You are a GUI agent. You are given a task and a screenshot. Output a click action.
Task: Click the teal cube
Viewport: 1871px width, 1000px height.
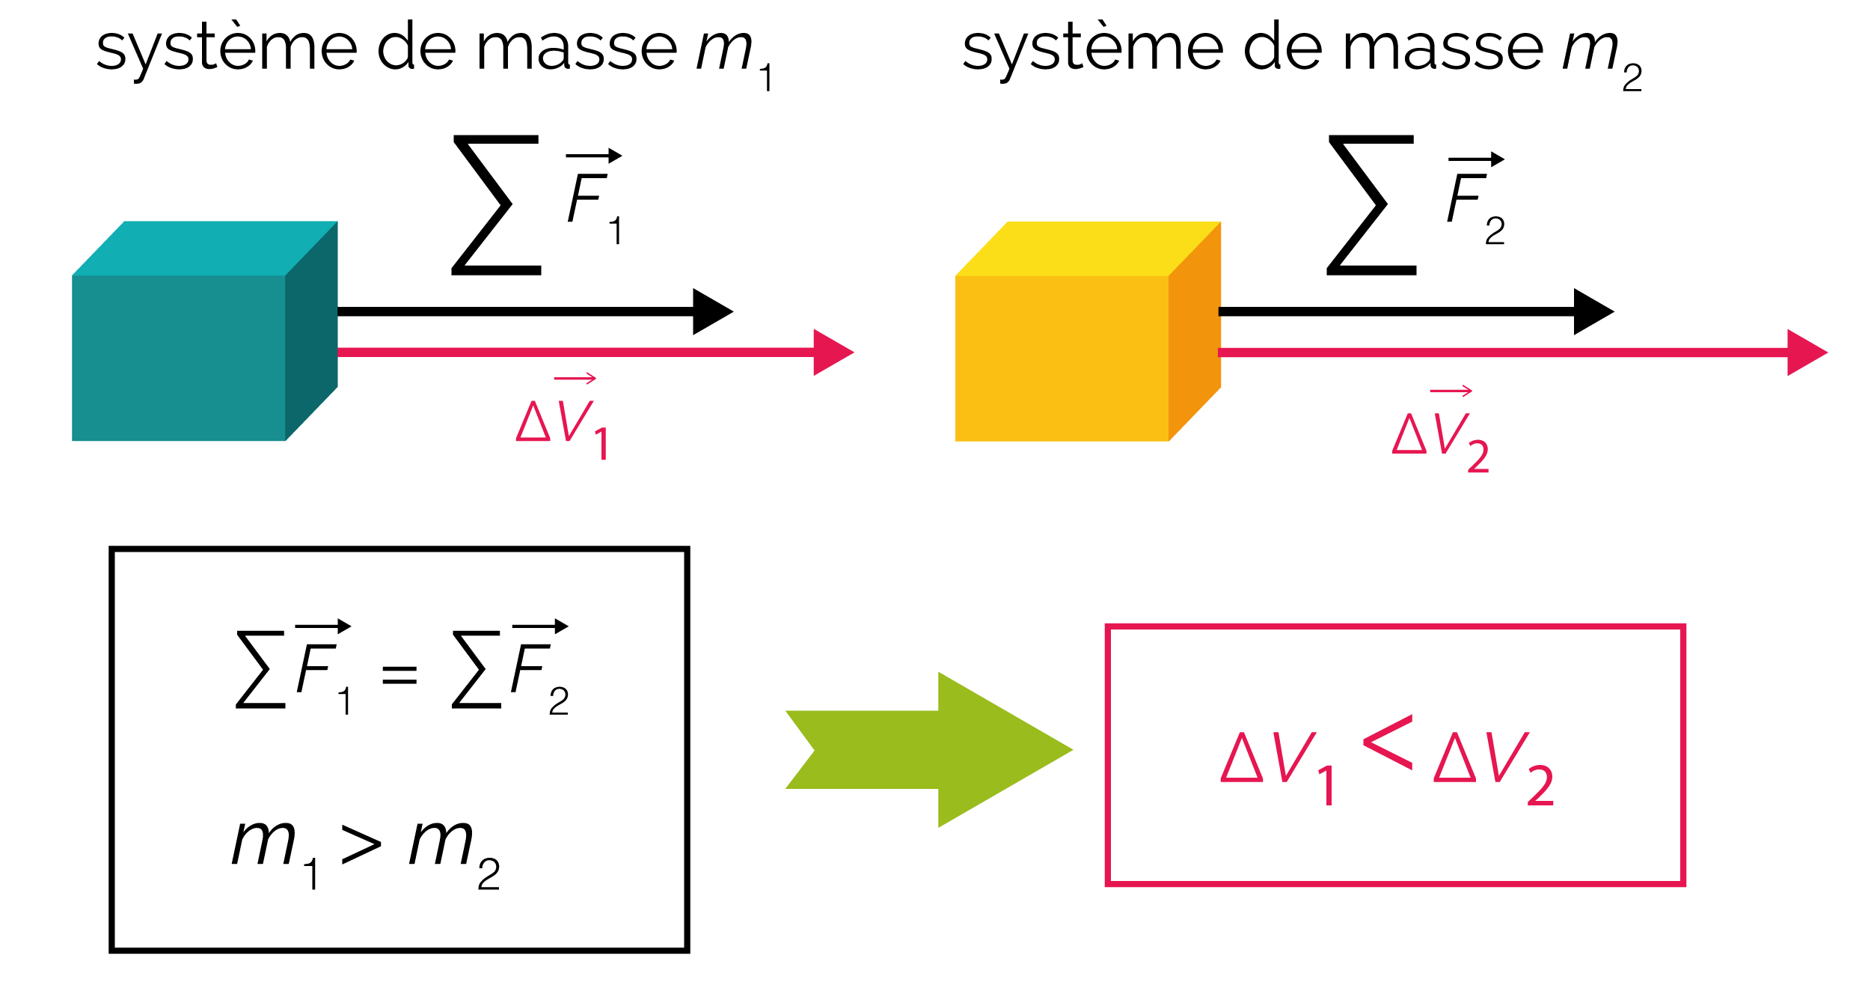point(204,331)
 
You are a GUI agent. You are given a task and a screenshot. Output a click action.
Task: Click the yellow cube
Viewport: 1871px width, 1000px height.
point(1088,331)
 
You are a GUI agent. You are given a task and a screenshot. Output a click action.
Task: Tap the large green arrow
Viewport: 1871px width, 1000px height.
point(928,749)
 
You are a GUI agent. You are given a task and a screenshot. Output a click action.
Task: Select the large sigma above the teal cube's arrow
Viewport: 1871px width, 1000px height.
point(496,205)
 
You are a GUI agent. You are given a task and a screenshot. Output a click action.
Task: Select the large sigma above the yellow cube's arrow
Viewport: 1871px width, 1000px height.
point(1371,205)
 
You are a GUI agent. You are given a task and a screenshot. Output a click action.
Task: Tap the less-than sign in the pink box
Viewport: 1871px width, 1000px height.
point(1388,743)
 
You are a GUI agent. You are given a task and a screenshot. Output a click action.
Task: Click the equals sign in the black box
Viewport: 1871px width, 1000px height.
point(399,674)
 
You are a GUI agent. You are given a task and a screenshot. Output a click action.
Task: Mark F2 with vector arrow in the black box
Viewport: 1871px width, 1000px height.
point(539,667)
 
